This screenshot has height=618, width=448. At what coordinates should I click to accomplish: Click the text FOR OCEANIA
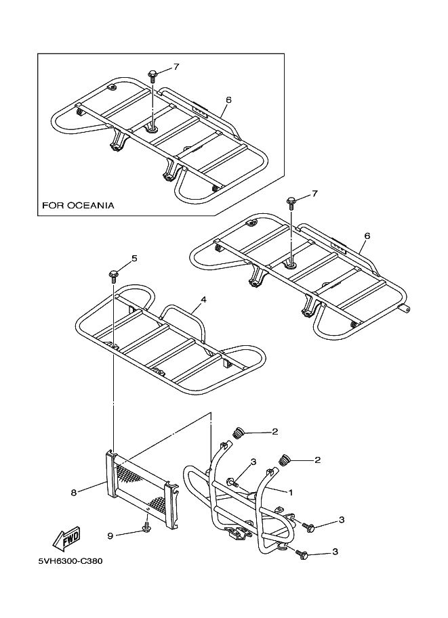click(x=78, y=204)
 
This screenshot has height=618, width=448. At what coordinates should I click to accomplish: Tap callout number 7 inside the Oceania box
click(x=176, y=66)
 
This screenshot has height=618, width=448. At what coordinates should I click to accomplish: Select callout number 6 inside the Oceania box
click(x=228, y=100)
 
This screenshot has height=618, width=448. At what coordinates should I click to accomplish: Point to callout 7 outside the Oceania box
click(x=314, y=194)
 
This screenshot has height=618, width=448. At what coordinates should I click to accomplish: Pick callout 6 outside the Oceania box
click(x=367, y=236)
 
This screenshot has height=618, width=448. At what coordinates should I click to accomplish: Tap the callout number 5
click(x=134, y=258)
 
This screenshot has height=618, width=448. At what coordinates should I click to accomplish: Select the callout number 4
click(x=203, y=299)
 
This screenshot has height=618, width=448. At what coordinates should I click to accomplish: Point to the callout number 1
click(x=291, y=493)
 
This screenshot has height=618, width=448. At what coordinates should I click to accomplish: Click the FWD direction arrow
click(x=66, y=539)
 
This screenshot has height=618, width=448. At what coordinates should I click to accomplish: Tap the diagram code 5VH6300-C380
click(x=71, y=561)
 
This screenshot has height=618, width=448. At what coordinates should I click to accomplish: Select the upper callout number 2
click(x=274, y=431)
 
